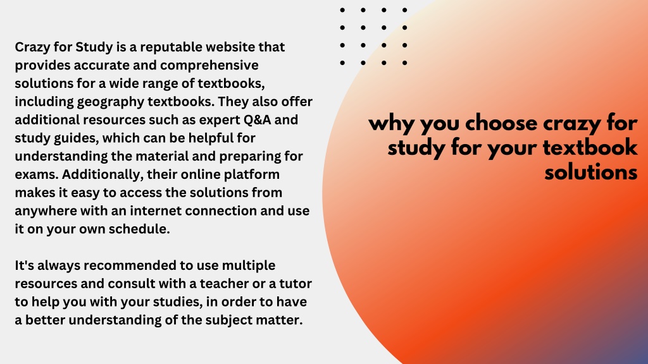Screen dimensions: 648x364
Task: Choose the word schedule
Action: [x=139, y=229]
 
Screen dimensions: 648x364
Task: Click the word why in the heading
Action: [x=391, y=124]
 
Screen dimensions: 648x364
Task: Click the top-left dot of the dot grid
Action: [x=342, y=10]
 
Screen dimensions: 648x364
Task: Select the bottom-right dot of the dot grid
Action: [x=404, y=63]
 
